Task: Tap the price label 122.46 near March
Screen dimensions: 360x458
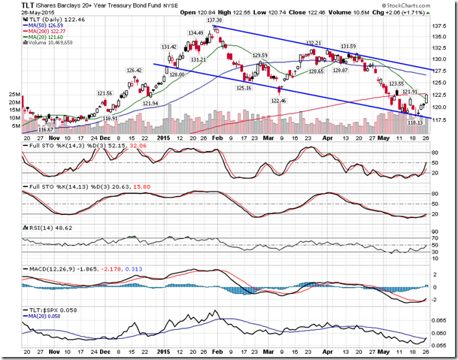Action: (279, 100)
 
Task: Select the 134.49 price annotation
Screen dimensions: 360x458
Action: (196, 33)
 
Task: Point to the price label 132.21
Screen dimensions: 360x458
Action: (315, 43)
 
